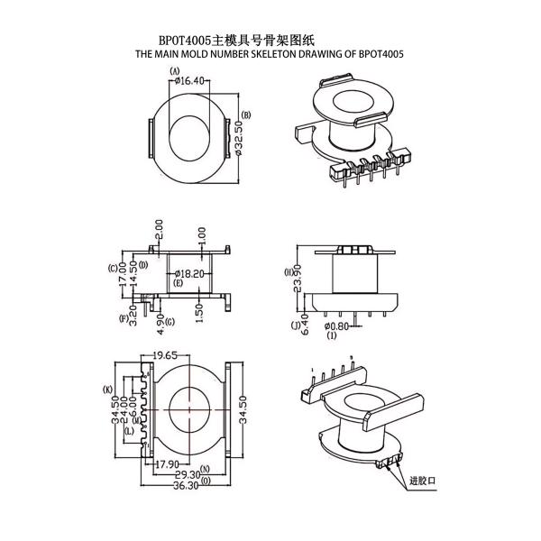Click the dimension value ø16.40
click(188, 81)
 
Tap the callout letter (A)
click(174, 70)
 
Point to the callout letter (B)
click(246, 115)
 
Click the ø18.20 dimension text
click(190, 272)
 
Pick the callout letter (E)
click(179, 283)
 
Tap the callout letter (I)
click(332, 335)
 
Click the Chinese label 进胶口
click(422, 482)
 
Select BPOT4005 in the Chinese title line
click(185, 41)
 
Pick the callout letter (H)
click(287, 270)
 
